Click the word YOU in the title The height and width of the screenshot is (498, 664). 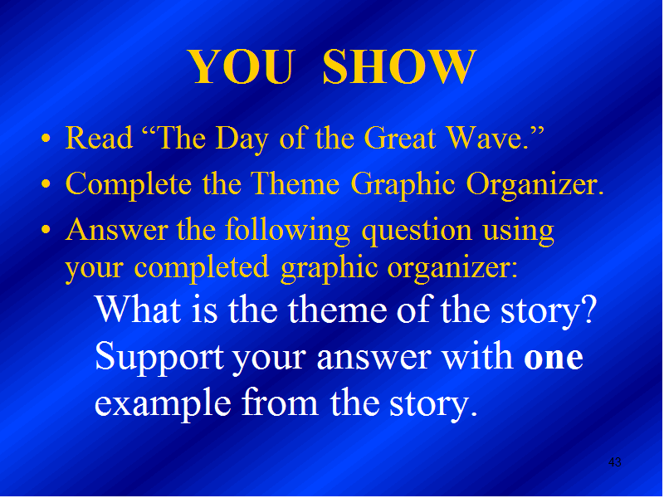241,66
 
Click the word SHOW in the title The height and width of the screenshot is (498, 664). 399,66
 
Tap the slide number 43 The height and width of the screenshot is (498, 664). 614,462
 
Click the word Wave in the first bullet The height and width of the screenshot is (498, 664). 487,138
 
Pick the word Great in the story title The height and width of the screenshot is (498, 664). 400,138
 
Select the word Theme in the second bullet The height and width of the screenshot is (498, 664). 295,183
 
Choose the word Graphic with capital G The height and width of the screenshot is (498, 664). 403,184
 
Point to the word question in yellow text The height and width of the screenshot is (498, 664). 417,232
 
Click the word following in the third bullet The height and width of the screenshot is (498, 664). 287,232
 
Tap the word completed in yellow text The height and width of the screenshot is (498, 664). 202,268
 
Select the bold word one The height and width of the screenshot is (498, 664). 553,358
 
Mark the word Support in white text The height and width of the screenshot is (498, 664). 159,358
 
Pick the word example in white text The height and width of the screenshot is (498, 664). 163,403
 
